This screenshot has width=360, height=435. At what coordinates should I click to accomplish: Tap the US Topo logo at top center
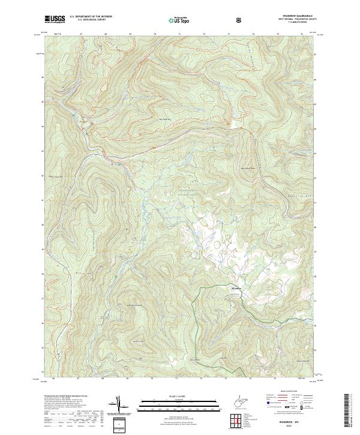[179, 20]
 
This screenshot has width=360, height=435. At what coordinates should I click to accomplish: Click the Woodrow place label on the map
[236, 289]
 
